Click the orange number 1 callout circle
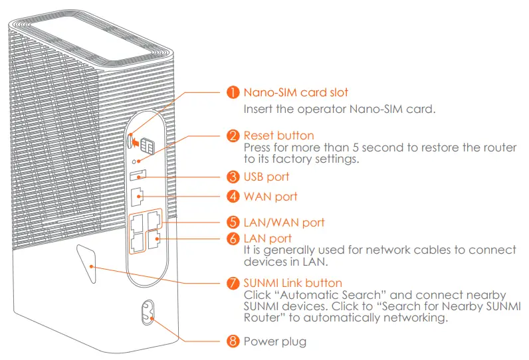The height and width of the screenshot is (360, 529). [x=233, y=92]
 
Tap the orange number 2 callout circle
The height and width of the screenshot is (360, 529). [x=233, y=136]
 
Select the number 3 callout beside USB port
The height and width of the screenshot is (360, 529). [x=233, y=177]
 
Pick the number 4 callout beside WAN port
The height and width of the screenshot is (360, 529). [x=233, y=197]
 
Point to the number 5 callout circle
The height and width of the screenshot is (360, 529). [x=233, y=222]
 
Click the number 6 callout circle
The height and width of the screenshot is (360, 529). [x=233, y=238]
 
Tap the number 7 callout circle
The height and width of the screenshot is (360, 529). [x=233, y=284]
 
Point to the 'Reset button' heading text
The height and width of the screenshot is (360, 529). [x=278, y=136]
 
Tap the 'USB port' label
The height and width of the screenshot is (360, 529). [x=266, y=177]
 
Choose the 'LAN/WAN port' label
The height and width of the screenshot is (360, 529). [x=284, y=222]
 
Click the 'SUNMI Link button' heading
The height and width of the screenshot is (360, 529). [x=293, y=284]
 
